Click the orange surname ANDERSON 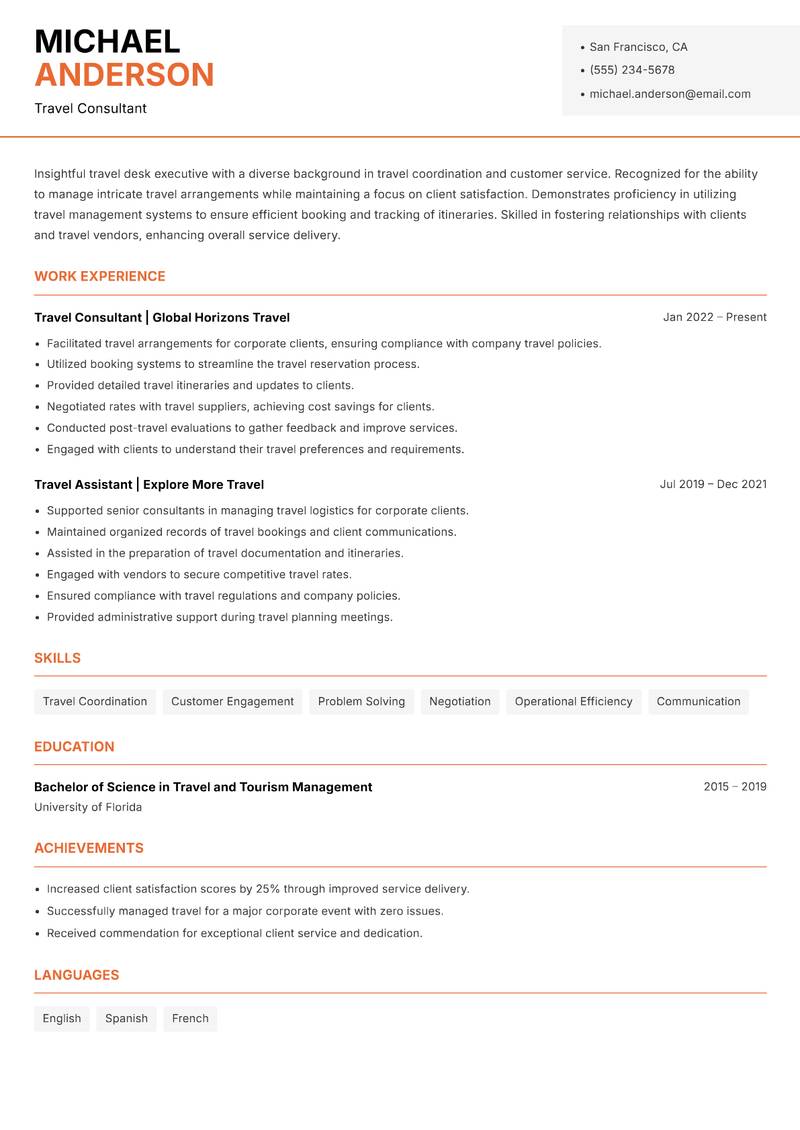(124, 75)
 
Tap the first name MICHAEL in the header (107, 42)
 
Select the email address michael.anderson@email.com (669, 94)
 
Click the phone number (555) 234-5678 (631, 70)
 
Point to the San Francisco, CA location (638, 47)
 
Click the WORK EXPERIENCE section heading (100, 276)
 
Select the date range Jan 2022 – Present (714, 317)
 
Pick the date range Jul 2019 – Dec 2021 (713, 484)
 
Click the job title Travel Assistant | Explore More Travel (149, 484)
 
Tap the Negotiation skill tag (460, 701)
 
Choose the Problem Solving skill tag (361, 701)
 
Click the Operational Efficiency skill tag (573, 701)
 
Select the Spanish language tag (126, 1018)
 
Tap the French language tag (190, 1018)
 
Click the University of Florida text (88, 807)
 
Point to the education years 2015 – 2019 (734, 787)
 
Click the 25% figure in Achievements (266, 889)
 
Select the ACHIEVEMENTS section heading (89, 848)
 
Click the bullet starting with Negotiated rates (240, 407)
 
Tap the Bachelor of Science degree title (203, 787)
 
